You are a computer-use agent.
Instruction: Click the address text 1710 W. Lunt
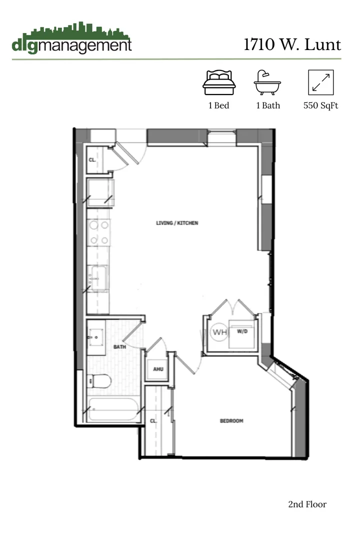292,44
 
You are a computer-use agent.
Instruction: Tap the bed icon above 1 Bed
218,82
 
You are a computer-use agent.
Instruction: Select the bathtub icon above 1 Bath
267,82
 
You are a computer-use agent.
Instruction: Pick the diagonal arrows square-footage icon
320,82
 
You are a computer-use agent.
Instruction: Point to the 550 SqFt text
320,106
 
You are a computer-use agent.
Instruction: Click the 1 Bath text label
268,106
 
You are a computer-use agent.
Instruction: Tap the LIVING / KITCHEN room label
177,223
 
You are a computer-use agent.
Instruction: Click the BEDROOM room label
231,421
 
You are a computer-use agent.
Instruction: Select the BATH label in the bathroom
119,346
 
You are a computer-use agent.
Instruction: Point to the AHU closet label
158,369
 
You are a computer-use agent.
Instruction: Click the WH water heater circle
219,332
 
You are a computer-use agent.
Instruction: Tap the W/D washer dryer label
242,331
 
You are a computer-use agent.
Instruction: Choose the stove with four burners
98,232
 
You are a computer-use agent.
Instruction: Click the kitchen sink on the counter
98,277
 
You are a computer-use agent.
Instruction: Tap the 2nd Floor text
307,504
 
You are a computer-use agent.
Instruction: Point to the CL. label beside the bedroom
153,421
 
